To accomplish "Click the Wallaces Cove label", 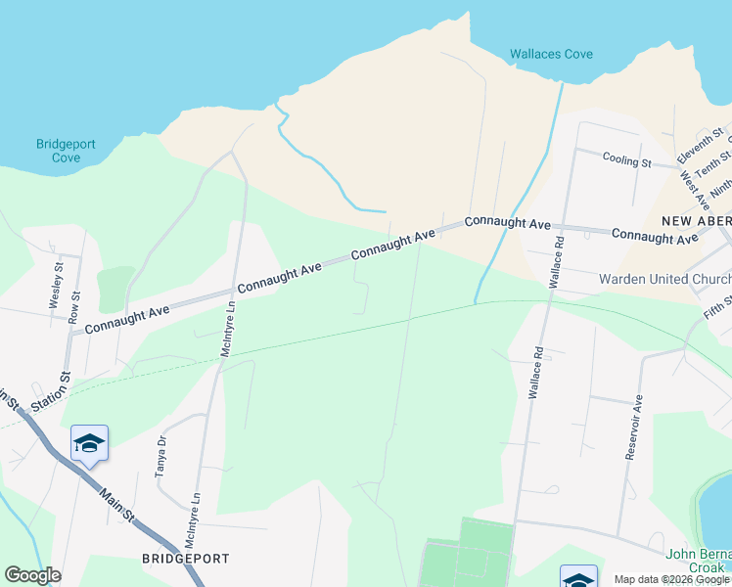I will (551, 54).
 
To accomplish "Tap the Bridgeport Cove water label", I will (66, 151).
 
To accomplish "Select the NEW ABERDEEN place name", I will (695, 220).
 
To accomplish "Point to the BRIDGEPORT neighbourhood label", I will (186, 559).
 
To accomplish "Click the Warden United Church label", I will (664, 280).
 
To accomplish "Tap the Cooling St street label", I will (626, 159).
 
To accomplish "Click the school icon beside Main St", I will (89, 443).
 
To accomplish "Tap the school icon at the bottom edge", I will (577, 577).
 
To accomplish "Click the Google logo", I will (32, 575).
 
